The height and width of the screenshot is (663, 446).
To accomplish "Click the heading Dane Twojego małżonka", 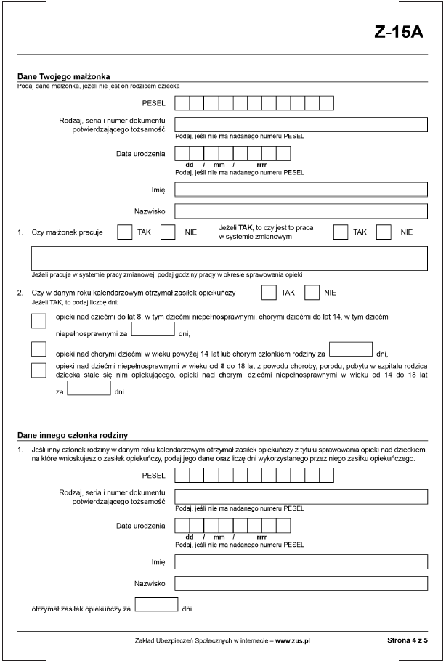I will (63, 76).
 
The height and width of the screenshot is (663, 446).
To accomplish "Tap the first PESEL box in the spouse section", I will (182, 103).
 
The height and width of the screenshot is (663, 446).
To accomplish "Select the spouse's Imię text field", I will (301, 190).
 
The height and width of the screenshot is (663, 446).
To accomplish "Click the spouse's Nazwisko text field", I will (301, 211).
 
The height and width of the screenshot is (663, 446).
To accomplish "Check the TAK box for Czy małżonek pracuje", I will (124, 232).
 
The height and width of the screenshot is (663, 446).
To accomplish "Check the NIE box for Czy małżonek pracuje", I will (169, 232).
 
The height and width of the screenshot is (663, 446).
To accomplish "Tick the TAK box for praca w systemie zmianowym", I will (340, 232).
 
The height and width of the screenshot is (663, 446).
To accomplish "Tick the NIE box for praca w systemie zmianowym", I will (384, 232).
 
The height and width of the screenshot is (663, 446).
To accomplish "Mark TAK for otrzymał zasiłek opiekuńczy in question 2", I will (269, 292).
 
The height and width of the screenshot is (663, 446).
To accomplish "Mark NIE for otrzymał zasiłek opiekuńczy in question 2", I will (312, 292).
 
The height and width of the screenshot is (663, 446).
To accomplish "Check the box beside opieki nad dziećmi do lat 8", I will (39, 321).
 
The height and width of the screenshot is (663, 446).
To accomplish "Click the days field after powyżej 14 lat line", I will (350, 349).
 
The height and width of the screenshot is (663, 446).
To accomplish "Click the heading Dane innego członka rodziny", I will (73, 435).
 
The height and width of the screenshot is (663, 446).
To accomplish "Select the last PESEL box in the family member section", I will (327, 476).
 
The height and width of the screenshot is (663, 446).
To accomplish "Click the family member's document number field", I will (301, 497).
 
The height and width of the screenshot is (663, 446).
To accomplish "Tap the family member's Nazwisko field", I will (301, 583).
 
